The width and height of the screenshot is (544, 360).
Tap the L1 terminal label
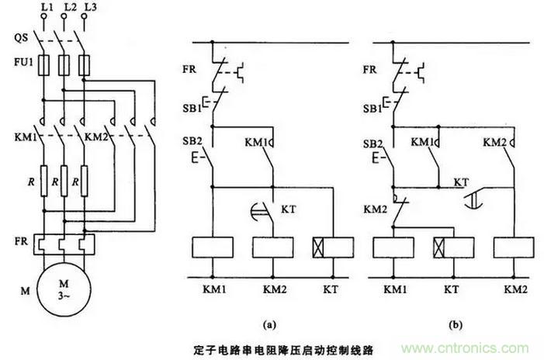tap(45, 7)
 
